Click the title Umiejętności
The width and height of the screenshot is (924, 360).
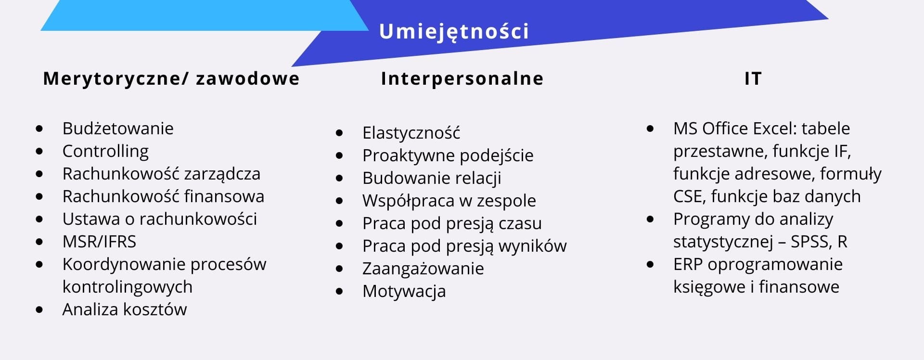pos(454,32)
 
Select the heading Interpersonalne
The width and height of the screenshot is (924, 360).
pos(462,78)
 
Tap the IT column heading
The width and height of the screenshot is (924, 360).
pos(753,78)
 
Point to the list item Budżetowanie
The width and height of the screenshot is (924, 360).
pos(118,129)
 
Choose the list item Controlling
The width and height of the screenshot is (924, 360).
pos(105,152)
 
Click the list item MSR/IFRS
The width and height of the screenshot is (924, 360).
pos(99,241)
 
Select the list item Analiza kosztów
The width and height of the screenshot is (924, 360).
pos(125,309)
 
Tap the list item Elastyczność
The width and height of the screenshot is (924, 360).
pos(411,132)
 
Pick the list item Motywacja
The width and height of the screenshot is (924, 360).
pos(404,291)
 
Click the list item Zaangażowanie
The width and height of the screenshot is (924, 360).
pos(423,269)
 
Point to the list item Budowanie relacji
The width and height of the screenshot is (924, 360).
pos(432,178)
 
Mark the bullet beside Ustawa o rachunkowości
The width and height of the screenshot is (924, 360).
pos(39,219)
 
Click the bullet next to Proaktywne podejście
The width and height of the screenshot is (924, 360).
pos(339,155)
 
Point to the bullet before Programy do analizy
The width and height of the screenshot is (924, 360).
pos(651,219)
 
